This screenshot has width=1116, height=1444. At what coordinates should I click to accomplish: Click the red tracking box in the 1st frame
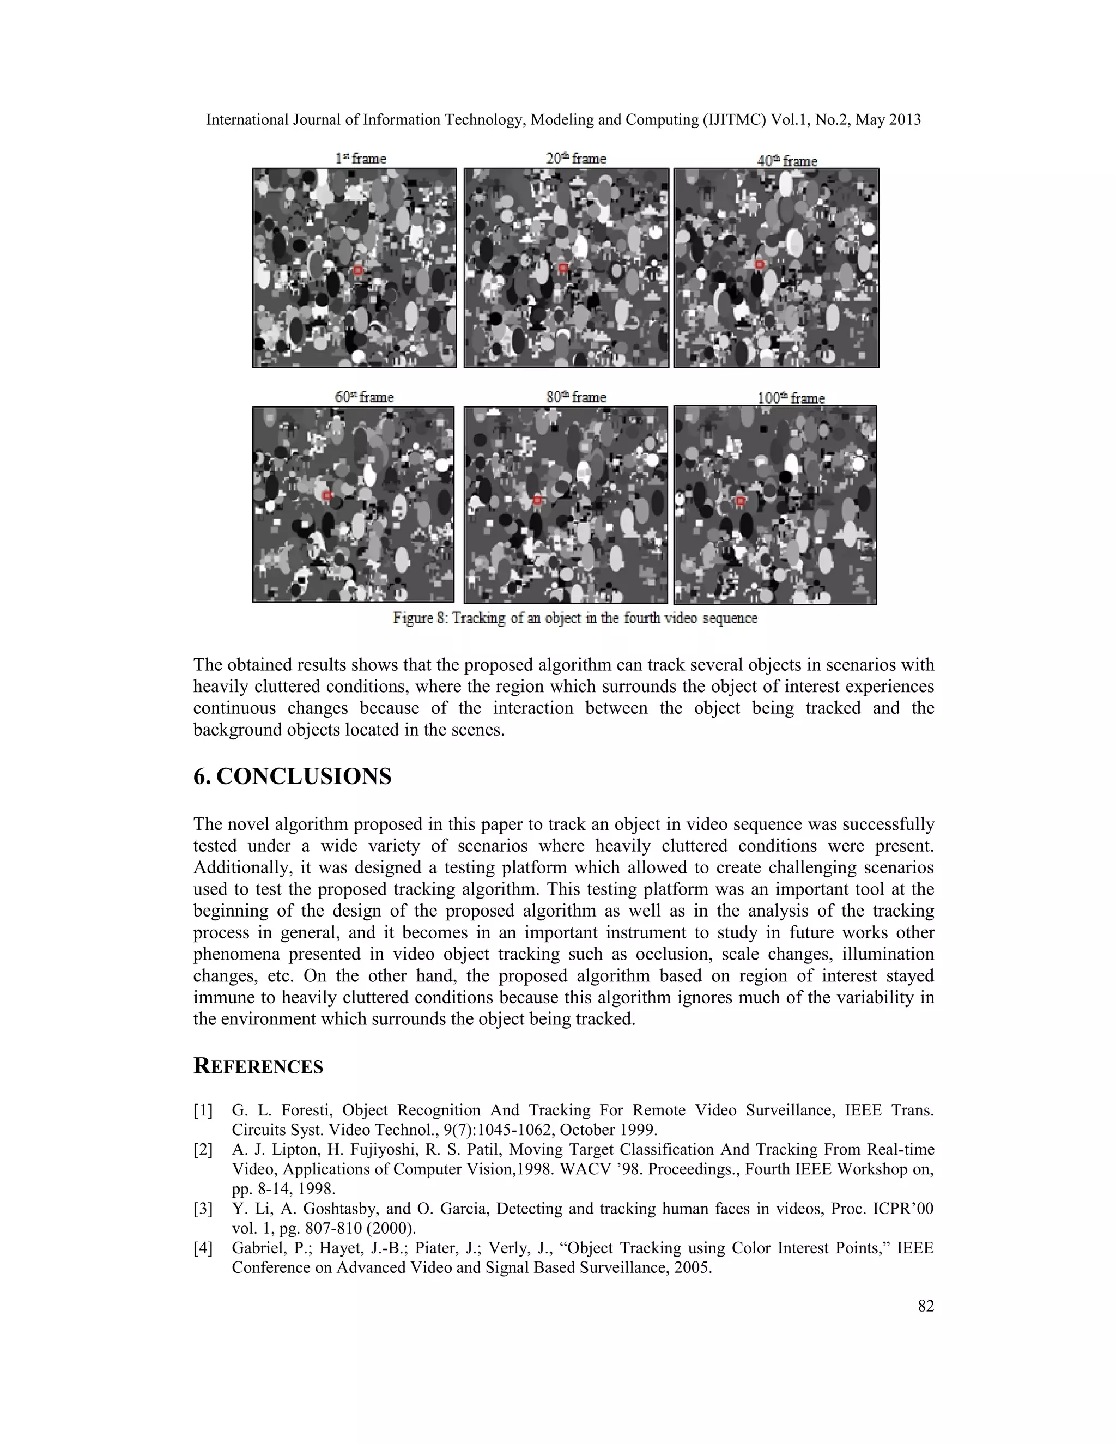357,270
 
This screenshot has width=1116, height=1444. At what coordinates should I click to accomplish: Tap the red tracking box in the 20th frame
563,268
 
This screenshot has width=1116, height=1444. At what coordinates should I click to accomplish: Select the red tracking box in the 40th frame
760,264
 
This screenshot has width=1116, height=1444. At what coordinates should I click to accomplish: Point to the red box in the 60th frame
326,495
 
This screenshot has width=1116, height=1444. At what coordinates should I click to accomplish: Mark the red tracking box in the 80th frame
537,501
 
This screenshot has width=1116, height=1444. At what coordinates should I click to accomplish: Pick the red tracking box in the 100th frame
741,501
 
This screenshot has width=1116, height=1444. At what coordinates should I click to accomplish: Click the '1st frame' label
360,159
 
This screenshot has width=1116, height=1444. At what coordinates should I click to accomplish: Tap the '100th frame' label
791,398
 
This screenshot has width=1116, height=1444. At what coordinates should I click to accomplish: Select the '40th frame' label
787,161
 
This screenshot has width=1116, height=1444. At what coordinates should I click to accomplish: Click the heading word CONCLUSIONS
304,776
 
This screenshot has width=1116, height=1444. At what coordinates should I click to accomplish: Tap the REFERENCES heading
258,1066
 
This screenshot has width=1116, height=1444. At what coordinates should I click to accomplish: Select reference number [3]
203,1209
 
